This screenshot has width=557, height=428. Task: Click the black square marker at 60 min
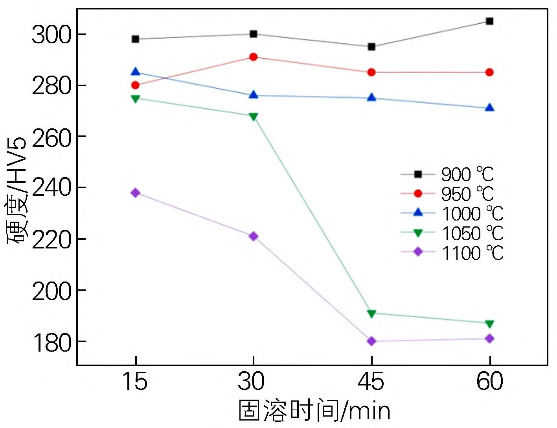click(489, 21)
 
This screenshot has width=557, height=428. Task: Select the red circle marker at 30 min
click(254, 57)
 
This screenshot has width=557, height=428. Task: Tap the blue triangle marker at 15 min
click(136, 72)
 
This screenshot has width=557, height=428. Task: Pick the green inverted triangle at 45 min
click(371, 313)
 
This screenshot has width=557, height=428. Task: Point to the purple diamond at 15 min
click(136, 193)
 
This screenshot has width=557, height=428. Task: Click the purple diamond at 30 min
click(254, 236)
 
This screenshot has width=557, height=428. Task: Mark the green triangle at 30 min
click(254, 117)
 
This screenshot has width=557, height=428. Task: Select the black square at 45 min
click(371, 47)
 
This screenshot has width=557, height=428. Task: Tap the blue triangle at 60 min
click(489, 107)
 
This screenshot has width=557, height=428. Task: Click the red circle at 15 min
click(136, 85)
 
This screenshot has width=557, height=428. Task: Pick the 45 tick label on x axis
click(371, 381)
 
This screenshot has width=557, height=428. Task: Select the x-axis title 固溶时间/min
click(314, 411)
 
